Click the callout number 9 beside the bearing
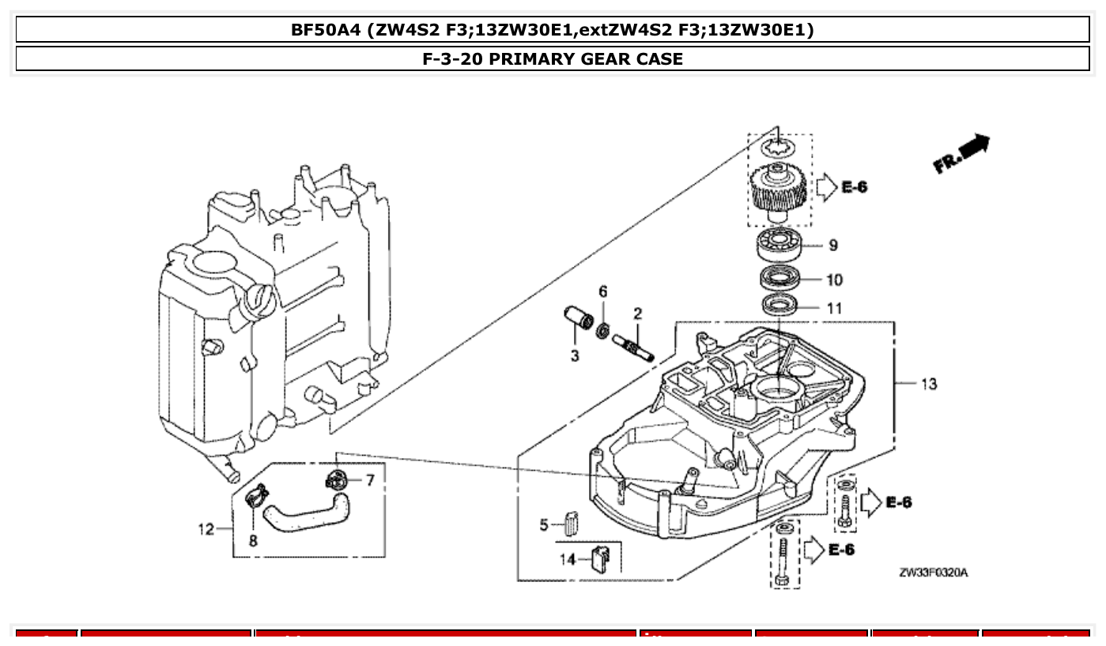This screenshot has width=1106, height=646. click(833, 246)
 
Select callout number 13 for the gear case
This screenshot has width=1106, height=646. click(929, 384)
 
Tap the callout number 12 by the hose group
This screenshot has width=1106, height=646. click(206, 529)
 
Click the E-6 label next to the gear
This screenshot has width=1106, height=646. click(854, 187)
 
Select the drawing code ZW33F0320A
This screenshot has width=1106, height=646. click(932, 572)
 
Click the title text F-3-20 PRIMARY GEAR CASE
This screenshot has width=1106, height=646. click(553, 58)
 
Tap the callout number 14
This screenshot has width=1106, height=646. click(568, 560)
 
